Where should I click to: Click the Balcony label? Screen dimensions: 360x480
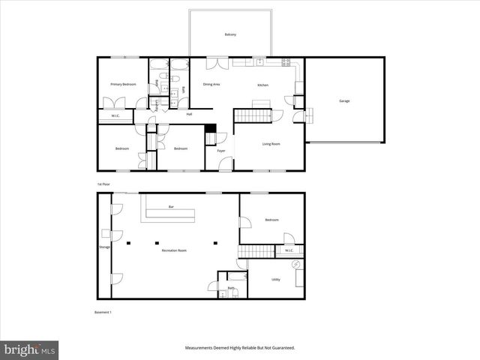(231, 34)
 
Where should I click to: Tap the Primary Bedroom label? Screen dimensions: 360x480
(123, 85)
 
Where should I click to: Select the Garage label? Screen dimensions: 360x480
(344, 100)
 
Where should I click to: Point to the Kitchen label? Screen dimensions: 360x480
(262, 85)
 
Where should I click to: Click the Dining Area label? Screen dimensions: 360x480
(211, 84)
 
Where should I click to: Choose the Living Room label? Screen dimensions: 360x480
(271, 143)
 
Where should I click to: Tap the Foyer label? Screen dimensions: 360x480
(221, 151)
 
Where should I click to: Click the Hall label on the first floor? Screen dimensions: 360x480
(189, 114)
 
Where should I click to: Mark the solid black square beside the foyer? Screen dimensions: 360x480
(210, 128)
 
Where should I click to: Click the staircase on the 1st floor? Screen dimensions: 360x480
(253, 115)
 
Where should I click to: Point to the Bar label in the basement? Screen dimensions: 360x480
(171, 206)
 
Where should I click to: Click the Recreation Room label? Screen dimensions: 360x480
(174, 250)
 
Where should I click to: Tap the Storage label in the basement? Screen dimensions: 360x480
(104, 246)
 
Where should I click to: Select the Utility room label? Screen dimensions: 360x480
(276, 279)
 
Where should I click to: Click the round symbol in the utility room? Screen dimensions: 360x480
(295, 266)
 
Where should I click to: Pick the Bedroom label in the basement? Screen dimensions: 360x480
(271, 220)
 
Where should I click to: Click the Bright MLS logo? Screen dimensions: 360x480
(29, 349)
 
